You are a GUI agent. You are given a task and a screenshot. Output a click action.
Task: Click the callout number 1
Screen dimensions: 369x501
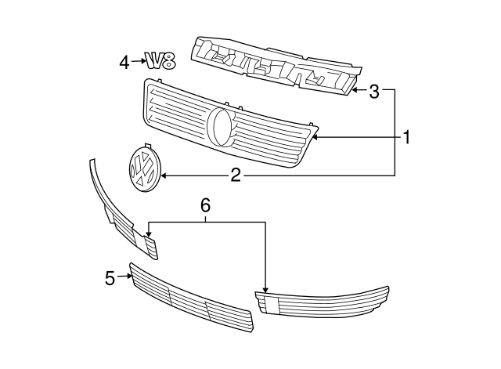[x=406, y=138]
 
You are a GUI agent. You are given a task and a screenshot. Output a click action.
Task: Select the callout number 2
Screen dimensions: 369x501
[x=236, y=175]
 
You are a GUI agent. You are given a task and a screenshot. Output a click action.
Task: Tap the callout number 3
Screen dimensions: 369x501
[x=374, y=92]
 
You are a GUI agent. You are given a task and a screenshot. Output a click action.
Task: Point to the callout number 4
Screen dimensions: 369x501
[x=124, y=61]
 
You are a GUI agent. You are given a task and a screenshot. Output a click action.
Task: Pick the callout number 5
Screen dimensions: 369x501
[x=110, y=277]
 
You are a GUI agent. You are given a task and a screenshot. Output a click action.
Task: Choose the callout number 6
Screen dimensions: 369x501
[x=206, y=205]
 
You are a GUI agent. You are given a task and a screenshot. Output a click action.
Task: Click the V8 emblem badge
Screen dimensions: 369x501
[x=158, y=60]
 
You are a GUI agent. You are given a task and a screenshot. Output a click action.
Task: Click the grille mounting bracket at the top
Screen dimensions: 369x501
[x=274, y=67]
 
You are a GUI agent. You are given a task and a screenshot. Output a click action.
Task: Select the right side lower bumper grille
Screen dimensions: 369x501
[x=321, y=301]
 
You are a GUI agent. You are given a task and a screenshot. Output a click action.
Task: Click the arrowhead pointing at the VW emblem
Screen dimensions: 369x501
[x=164, y=175]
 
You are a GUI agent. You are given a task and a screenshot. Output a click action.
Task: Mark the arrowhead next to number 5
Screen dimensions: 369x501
[x=125, y=277]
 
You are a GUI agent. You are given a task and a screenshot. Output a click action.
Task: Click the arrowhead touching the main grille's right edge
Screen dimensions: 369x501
[x=317, y=138]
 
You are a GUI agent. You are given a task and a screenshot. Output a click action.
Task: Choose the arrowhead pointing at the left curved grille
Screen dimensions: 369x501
[x=149, y=232]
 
